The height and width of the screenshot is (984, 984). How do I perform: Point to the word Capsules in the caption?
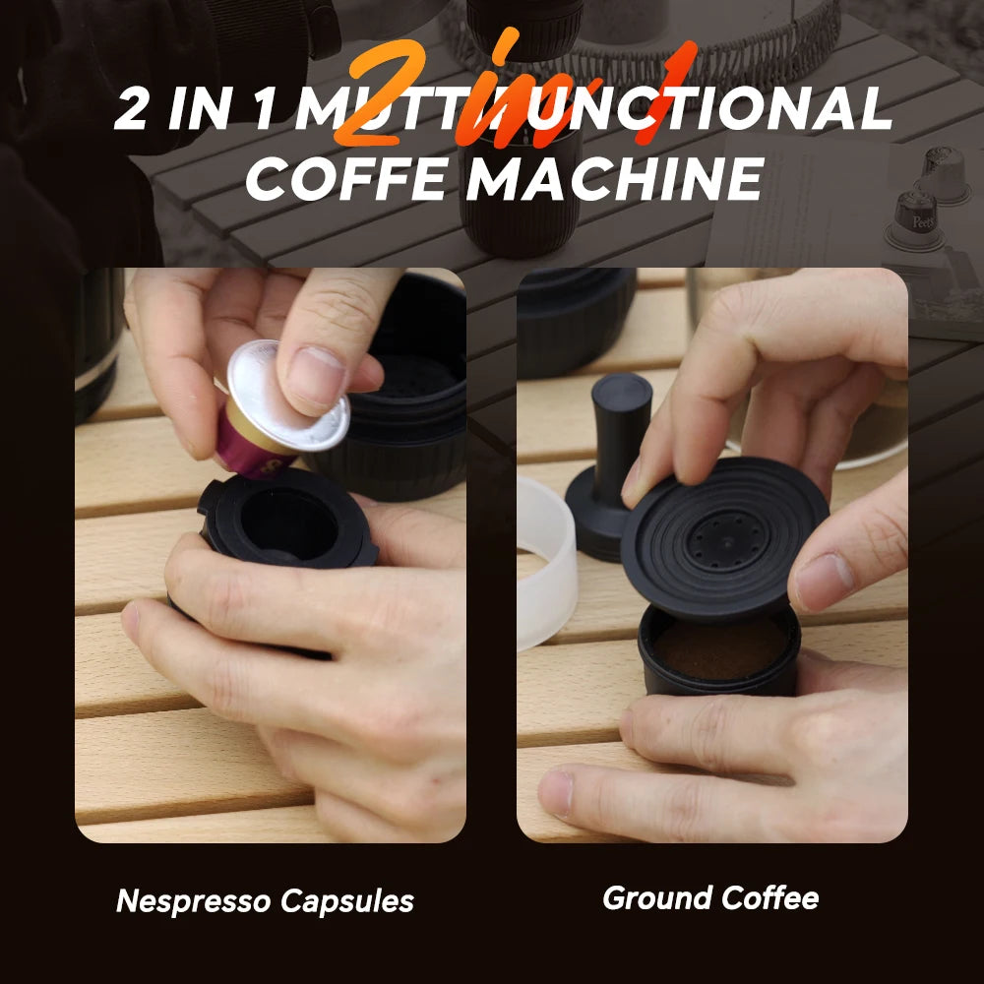coord(350,900)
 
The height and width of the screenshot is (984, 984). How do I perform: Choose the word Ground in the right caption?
coord(656,897)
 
